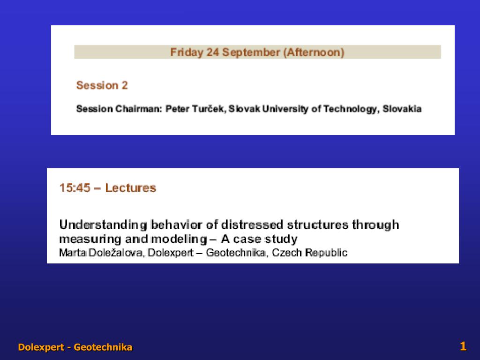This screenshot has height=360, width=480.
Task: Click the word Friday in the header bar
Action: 183,52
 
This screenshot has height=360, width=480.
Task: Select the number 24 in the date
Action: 210,52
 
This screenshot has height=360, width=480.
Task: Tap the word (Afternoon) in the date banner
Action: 313,52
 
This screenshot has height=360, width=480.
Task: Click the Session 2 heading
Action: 102,85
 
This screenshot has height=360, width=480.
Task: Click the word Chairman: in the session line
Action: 139,109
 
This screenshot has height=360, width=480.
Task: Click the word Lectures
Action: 130,188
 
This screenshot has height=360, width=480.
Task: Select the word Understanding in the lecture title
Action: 103,225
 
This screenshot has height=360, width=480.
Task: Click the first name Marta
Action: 71,253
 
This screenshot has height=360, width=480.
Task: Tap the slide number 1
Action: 463,346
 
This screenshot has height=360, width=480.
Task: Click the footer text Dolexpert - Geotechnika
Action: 75,347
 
